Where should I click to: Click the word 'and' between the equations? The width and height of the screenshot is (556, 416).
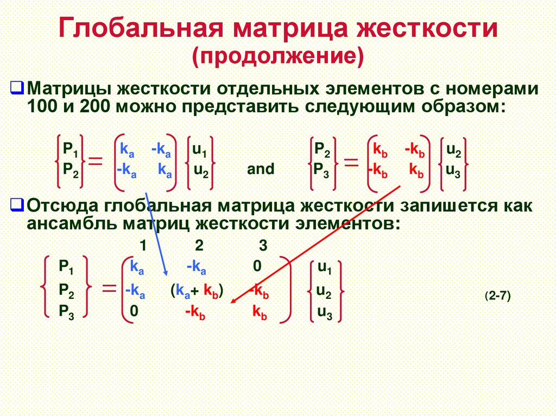click(261, 169)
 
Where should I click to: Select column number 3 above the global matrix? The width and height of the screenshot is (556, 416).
click(263, 246)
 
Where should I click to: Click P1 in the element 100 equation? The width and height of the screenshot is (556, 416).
click(71, 149)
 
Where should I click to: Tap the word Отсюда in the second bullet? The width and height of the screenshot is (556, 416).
click(66, 207)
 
